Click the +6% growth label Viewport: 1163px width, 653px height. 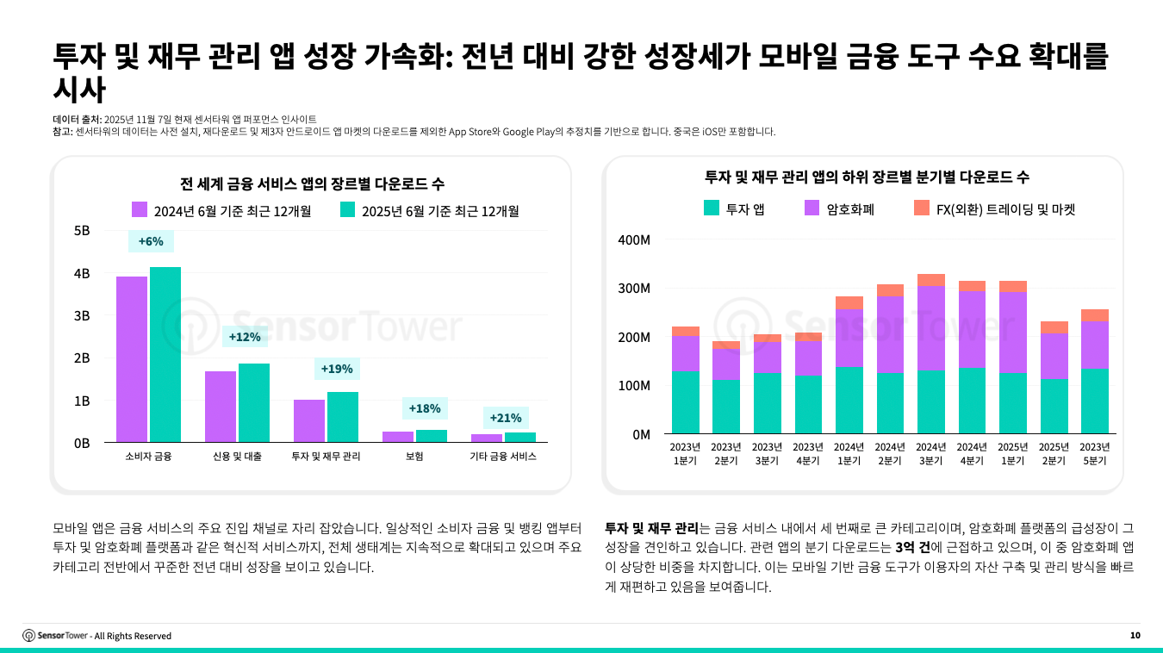pyautogui.click(x=151, y=241)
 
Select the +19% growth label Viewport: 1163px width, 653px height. pyautogui.click(x=337, y=369)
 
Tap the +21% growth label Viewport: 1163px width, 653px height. pyautogui.click(x=506, y=418)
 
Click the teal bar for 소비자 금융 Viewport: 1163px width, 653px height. pyautogui.click(x=165, y=354)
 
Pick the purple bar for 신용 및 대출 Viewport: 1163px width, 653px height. pyautogui.click(x=221, y=407)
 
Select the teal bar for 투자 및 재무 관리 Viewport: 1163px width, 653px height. pyautogui.click(x=343, y=417)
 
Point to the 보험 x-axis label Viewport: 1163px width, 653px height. pyautogui.click(x=414, y=457)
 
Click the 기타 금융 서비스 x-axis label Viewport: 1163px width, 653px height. pyautogui.click(x=503, y=457)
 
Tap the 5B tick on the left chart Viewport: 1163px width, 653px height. pyautogui.click(x=81, y=231)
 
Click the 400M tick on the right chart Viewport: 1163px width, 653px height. pyautogui.click(x=634, y=239)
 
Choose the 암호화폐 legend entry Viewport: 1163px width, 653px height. pyautogui.click(x=839, y=208)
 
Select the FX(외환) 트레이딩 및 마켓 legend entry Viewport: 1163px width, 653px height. pyautogui.click(x=994, y=208)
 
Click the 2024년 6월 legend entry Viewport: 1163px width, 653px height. pyautogui.click(x=221, y=210)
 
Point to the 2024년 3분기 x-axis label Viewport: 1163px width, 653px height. pyautogui.click(x=931, y=453)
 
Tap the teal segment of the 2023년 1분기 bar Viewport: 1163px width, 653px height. pyautogui.click(x=686, y=402)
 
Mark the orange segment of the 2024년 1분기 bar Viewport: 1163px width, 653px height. pyautogui.click(x=849, y=302)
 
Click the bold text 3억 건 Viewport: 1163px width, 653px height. pyautogui.click(x=912, y=548)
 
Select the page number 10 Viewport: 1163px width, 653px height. pyautogui.click(x=1135, y=636)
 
